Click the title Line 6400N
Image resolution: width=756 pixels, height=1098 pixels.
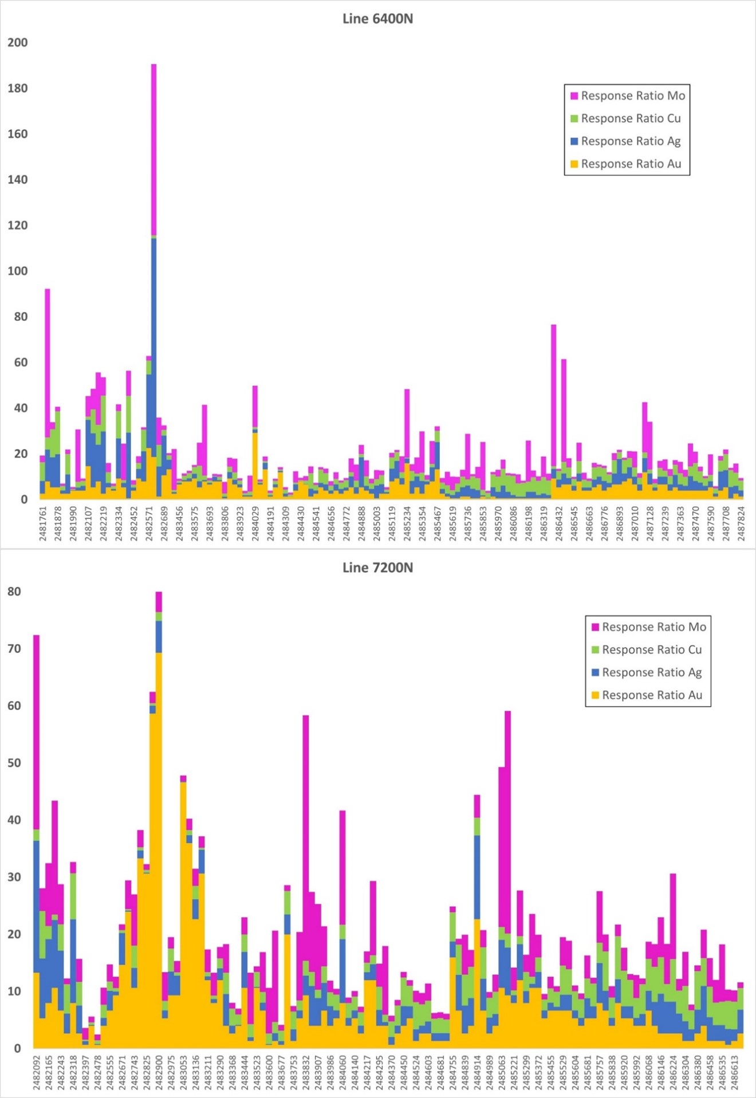click(377, 19)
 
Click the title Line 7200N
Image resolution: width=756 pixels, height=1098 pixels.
click(377, 568)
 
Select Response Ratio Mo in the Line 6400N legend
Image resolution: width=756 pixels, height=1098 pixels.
click(632, 96)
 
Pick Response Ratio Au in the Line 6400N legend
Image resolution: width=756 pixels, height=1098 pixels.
click(631, 164)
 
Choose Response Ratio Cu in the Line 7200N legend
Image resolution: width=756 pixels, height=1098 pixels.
click(651, 650)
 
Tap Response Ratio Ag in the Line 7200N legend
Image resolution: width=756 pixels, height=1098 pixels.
click(651, 672)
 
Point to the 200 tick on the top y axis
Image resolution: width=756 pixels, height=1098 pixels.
click(18, 42)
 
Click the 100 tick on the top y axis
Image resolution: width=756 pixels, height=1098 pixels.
click(18, 271)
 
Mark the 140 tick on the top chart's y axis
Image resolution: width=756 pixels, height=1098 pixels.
click(18, 180)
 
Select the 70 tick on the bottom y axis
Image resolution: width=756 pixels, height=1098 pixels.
click(14, 649)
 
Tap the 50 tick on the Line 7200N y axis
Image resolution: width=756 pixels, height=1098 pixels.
click(14, 763)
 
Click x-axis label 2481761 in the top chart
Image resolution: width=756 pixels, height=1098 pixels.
click(43, 523)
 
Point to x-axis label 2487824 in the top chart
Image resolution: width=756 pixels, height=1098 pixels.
click(741, 523)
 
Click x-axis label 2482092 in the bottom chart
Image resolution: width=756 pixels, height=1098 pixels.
click(37, 1071)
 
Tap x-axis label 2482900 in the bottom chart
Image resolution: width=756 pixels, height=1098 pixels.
click(159, 1071)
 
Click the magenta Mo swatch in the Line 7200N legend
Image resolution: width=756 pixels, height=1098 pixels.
click(595, 627)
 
